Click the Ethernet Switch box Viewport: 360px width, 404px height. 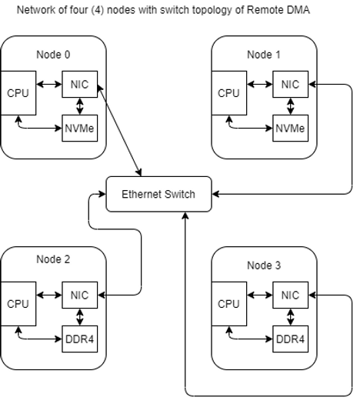[158, 195]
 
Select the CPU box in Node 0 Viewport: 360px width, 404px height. [18, 94]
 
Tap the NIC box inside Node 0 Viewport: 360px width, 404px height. [80, 84]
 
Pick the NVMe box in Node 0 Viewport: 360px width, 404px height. [80, 127]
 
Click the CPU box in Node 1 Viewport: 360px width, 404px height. [228, 94]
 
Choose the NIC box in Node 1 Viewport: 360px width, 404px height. [290, 84]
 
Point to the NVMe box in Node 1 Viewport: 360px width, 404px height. [290, 127]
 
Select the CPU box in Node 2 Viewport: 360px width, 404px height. [18, 304]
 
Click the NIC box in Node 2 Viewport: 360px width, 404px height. [80, 294]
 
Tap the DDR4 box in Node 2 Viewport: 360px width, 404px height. [80, 337]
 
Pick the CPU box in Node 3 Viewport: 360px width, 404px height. [228, 304]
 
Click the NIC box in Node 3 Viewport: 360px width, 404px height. [290, 294]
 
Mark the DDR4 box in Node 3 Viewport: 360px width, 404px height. [290, 337]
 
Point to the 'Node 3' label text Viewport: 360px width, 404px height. [264, 265]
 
